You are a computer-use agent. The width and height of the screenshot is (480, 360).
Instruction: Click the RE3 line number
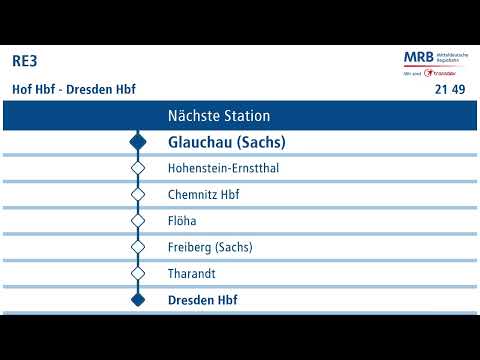click(x=25, y=61)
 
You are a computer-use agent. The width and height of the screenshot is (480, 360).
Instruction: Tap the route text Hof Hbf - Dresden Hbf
click(x=73, y=89)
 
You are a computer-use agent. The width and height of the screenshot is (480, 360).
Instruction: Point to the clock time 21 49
click(x=449, y=90)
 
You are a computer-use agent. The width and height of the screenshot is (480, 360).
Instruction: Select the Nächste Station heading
click(x=218, y=116)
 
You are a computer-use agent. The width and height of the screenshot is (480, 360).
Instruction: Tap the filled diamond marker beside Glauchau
click(x=138, y=142)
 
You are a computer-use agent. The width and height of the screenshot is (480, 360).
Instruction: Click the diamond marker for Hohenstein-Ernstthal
click(x=138, y=168)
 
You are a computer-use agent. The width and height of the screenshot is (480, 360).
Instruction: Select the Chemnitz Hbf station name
click(x=204, y=194)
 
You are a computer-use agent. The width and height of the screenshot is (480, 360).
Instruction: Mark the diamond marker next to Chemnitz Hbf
click(x=138, y=194)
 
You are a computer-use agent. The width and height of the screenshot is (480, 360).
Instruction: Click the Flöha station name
click(x=182, y=220)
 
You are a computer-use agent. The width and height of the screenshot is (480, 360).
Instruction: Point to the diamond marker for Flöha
click(x=138, y=220)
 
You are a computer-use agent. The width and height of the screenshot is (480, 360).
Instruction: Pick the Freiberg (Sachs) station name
click(x=210, y=247)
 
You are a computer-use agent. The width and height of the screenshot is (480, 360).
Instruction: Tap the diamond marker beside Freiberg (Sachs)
click(x=138, y=247)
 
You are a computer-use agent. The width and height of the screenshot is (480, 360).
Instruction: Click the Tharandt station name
click(x=192, y=273)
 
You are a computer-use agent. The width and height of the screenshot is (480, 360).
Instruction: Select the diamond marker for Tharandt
click(x=138, y=273)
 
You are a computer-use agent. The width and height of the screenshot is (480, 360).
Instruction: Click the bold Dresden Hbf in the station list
click(x=203, y=299)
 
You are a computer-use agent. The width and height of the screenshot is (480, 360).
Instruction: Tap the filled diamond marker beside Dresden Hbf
click(x=138, y=299)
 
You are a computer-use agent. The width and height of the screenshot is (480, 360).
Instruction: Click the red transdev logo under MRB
click(x=439, y=73)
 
